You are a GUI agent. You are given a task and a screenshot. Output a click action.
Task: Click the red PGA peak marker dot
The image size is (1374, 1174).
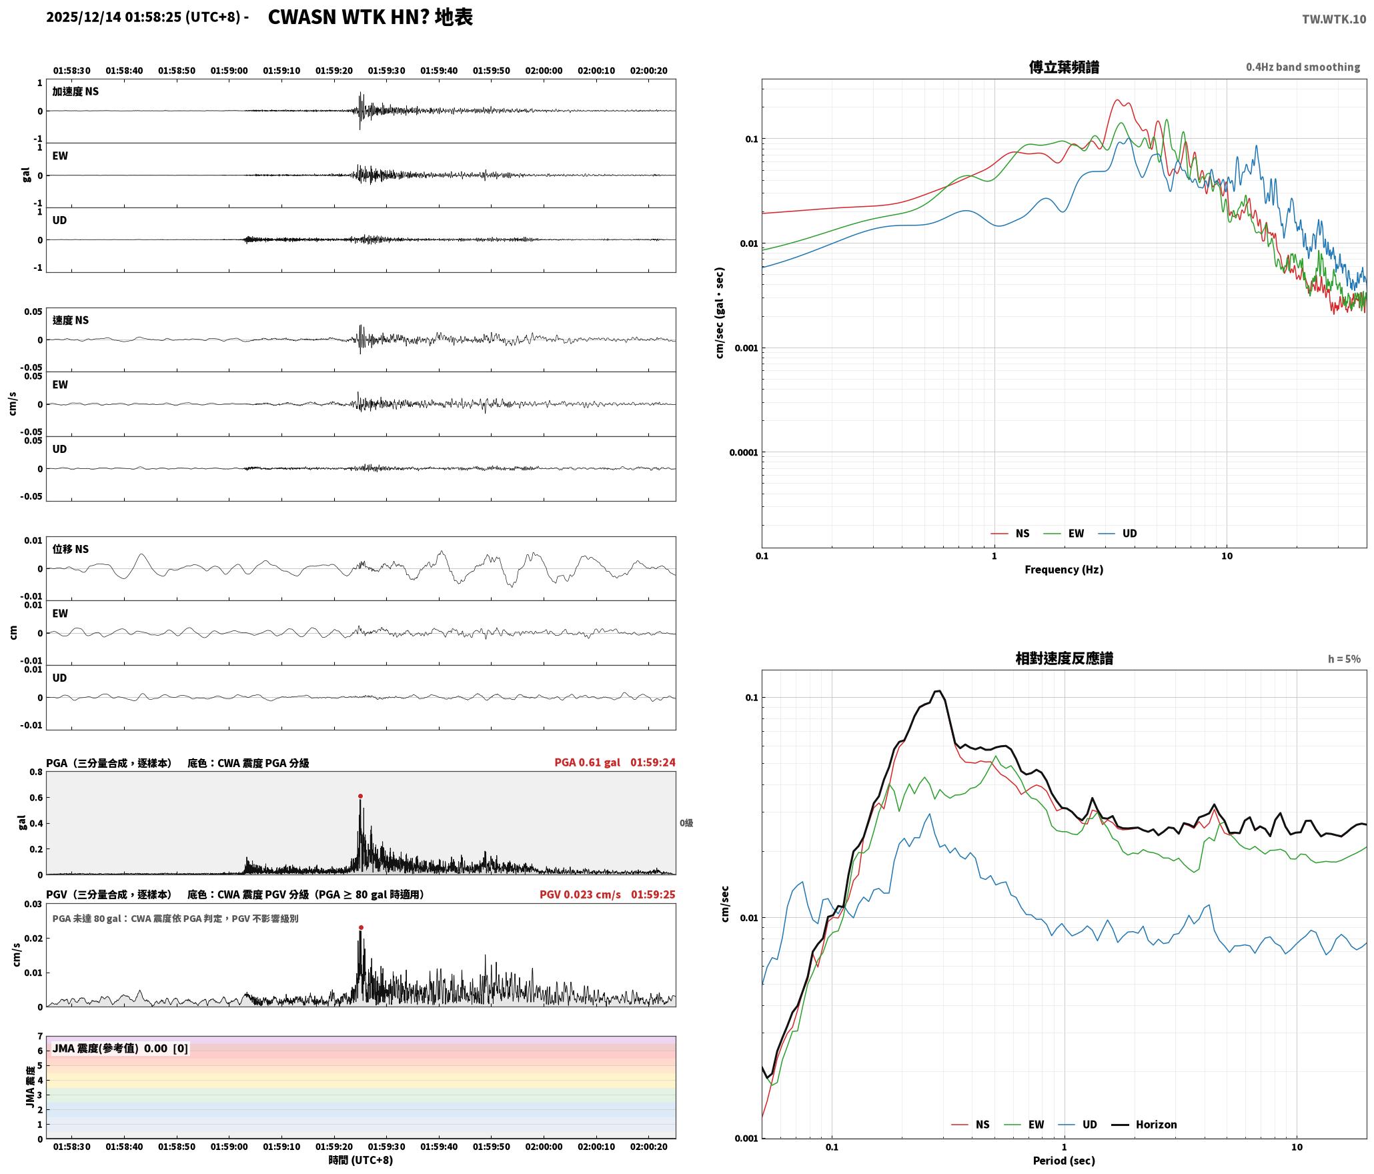click(360, 796)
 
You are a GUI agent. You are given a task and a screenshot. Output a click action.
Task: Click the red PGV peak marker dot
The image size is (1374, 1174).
click(361, 927)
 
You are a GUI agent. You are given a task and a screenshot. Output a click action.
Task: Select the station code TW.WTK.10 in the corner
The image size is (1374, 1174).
click(1333, 19)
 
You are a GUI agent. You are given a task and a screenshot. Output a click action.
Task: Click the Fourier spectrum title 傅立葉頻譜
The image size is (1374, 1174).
click(1064, 67)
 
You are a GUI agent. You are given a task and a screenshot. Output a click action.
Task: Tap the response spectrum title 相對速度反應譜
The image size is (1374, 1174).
click(1064, 658)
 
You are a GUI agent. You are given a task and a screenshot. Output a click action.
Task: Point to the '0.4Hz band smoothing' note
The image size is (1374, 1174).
click(1303, 67)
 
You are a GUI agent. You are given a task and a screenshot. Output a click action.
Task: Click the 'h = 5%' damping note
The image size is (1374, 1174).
click(1344, 659)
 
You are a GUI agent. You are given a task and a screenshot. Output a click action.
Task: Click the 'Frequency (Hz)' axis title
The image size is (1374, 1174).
click(1064, 569)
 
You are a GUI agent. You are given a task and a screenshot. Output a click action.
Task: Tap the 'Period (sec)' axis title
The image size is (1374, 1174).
click(1064, 1160)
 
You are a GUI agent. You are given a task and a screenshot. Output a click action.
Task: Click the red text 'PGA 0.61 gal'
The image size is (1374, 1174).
click(587, 762)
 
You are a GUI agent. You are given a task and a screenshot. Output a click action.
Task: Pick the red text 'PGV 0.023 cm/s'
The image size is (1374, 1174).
click(580, 894)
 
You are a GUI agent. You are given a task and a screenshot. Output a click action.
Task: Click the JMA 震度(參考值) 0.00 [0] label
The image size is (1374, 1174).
click(120, 1048)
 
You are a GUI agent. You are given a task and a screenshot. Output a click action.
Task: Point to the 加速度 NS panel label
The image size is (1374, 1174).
click(75, 91)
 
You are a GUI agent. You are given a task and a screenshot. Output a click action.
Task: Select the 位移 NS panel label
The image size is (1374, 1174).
click(71, 549)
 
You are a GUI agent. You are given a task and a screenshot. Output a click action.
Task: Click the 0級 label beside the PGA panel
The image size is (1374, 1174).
click(686, 822)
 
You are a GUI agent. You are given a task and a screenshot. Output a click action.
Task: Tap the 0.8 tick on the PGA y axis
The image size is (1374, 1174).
click(36, 772)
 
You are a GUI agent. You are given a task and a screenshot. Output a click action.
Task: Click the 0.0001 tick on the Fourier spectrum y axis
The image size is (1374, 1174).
click(744, 452)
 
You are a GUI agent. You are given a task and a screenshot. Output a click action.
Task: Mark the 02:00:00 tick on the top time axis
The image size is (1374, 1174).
click(544, 70)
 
